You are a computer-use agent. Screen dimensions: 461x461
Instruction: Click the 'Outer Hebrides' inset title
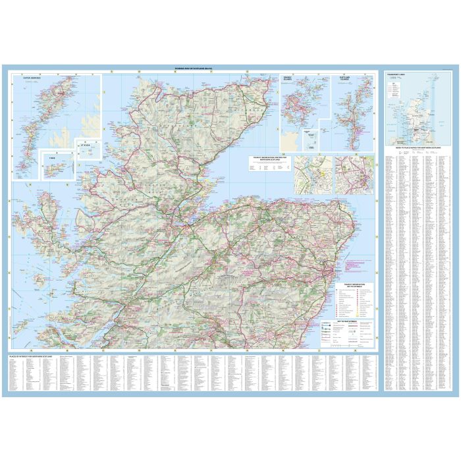[x=32, y=77]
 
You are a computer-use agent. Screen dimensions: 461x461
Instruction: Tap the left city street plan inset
[x=313, y=175]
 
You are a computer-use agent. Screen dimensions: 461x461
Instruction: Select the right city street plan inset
[x=354, y=175]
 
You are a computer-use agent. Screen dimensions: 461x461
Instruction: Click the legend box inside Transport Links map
[x=395, y=89]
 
